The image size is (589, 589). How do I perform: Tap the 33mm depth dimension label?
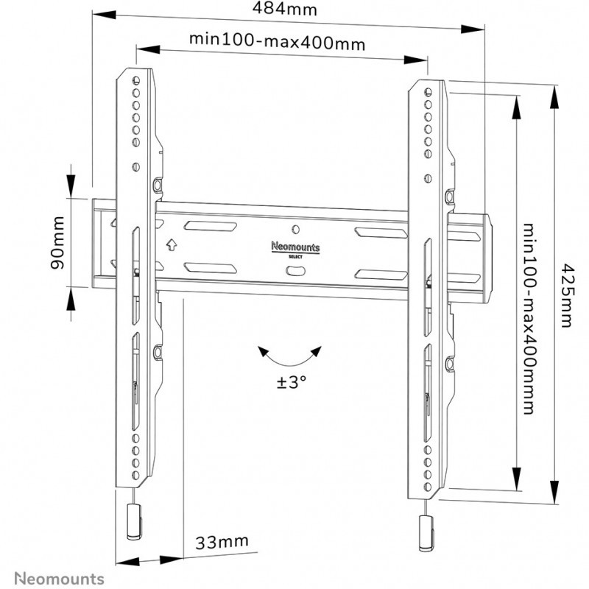pyautogui.click(x=221, y=543)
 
